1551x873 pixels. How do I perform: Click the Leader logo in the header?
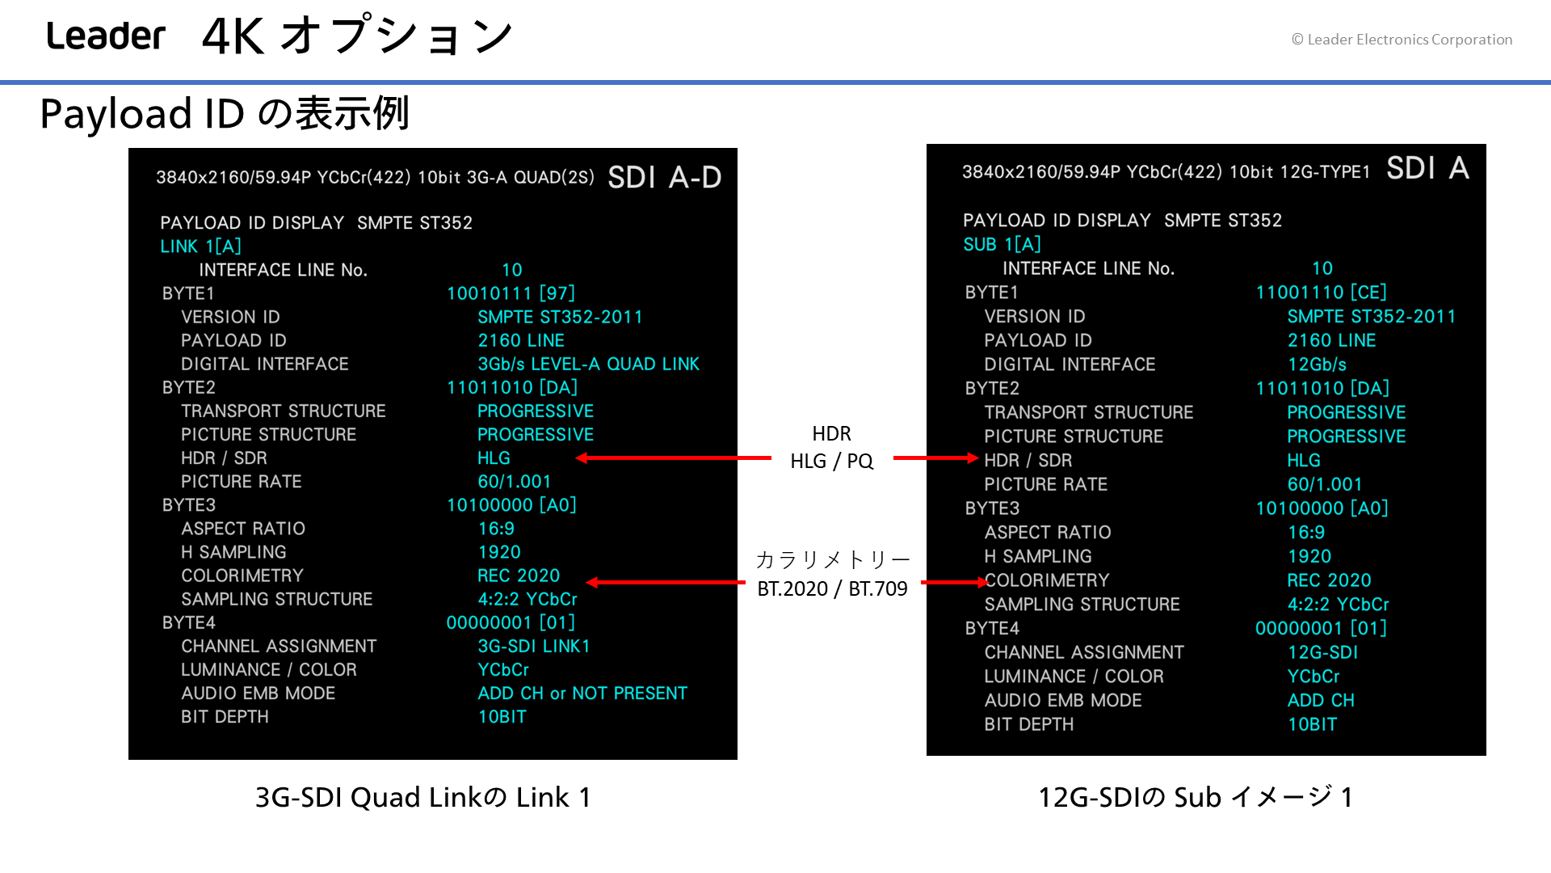pos(106,36)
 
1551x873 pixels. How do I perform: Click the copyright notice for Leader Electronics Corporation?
pos(1402,40)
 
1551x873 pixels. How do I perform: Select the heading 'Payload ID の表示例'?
pos(225,113)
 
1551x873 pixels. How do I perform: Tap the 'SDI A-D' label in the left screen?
pos(664,177)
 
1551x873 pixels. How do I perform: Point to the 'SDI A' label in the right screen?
pos(1427,168)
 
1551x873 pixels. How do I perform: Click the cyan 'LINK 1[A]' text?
pos(200,247)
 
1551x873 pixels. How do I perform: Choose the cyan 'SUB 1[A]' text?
pos(1002,244)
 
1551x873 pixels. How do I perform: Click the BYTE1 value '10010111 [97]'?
pos(511,293)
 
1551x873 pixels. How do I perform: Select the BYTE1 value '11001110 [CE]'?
pos(1321,292)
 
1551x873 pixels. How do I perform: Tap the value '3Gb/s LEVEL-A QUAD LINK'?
pos(588,364)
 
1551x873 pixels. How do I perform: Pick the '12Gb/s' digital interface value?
pos(1317,365)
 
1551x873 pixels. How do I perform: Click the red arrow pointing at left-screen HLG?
pos(674,458)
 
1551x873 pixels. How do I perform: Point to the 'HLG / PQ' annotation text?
pos(832,461)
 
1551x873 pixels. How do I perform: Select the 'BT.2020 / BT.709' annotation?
pos(832,588)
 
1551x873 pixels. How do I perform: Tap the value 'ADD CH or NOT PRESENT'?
pos(582,694)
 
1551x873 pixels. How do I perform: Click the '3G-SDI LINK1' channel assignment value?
pos(534,647)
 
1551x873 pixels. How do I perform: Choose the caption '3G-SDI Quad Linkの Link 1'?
pos(423,798)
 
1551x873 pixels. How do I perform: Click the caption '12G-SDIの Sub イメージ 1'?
pos(1196,798)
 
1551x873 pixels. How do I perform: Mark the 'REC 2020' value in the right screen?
pos(1329,580)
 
